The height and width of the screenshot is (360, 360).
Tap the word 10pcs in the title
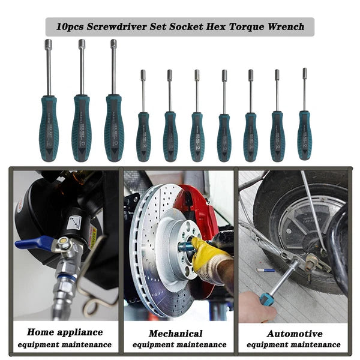(71, 26)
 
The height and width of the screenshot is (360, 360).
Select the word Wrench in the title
(284, 26)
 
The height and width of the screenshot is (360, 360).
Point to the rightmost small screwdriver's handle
(304, 136)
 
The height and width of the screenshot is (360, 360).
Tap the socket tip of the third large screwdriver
(113, 44)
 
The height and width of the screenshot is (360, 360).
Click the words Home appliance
(64, 332)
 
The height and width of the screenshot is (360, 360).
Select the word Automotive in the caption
(295, 333)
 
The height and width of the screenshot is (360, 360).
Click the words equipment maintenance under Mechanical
(179, 345)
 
